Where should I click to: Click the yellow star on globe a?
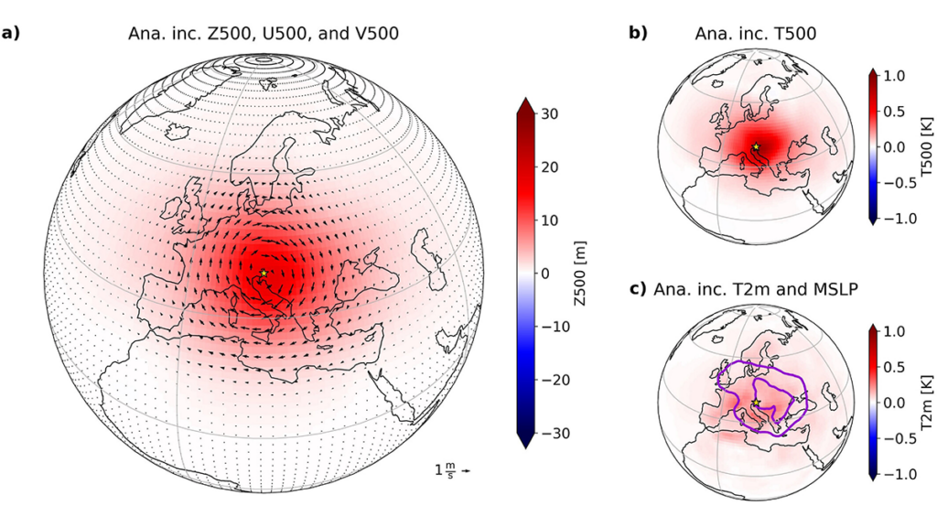point(264,273)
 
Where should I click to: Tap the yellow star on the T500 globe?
point(756,146)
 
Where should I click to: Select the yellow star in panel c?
point(756,403)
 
